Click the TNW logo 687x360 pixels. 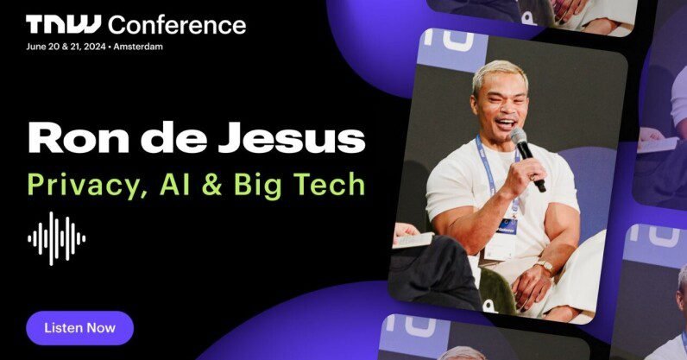tap(63, 24)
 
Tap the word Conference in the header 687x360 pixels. tap(177, 24)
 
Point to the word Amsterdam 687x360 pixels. tap(138, 47)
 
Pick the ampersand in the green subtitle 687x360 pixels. tap(212, 185)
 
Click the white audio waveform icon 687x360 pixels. tap(56, 238)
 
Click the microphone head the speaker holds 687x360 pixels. tap(519, 136)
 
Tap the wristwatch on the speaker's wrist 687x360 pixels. tap(545, 266)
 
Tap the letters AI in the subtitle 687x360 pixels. tap(175, 184)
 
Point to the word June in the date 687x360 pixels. tap(36, 47)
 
